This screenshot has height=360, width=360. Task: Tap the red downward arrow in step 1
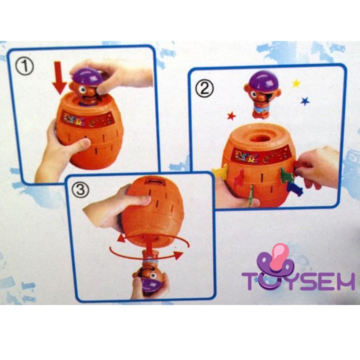coord(59,78)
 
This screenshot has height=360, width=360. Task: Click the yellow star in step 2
coord(296,83)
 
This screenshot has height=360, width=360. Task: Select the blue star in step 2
coord(304,101)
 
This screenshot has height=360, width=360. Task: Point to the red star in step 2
coord(231,116)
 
